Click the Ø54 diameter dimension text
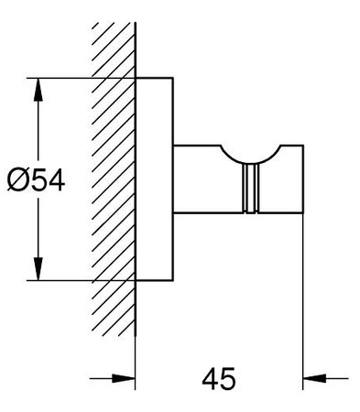pos(36,180)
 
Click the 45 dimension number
pos(219,378)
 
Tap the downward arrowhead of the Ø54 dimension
pos(38,268)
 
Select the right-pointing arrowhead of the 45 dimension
pos(124,378)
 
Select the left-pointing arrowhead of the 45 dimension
pos(314,378)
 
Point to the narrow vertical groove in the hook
pos(250,188)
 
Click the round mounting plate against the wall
pos(154,179)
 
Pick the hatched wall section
pos(114,179)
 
